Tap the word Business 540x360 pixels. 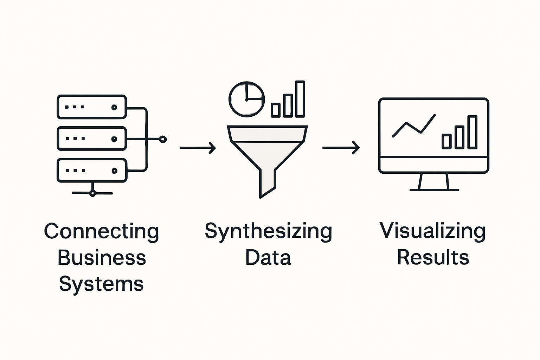(x=101, y=258)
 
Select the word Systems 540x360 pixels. (x=101, y=284)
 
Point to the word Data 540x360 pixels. (x=268, y=258)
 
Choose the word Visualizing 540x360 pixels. (x=432, y=231)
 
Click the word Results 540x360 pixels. (x=433, y=258)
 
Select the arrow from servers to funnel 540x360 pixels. (x=198, y=148)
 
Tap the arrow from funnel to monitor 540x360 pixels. (x=341, y=148)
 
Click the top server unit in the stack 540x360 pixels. (x=92, y=107)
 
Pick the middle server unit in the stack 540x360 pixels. (x=92, y=139)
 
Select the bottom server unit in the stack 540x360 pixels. (x=92, y=171)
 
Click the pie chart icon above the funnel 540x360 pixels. (x=246, y=99)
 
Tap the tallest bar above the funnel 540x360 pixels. (x=300, y=99)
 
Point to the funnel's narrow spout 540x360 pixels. (x=267, y=183)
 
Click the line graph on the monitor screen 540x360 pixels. (x=413, y=126)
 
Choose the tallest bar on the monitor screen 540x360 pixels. (x=472, y=132)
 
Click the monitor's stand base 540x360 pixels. (x=434, y=190)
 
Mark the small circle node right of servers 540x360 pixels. (x=163, y=139)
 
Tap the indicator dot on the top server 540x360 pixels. (x=114, y=107)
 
